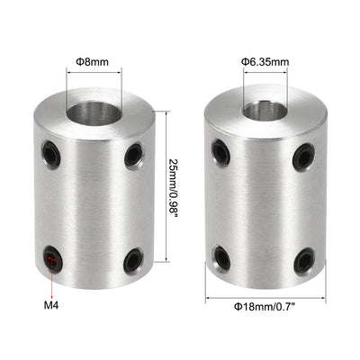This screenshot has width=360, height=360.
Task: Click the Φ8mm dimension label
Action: point(93,61)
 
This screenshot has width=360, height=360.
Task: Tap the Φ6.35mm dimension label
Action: point(265,61)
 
